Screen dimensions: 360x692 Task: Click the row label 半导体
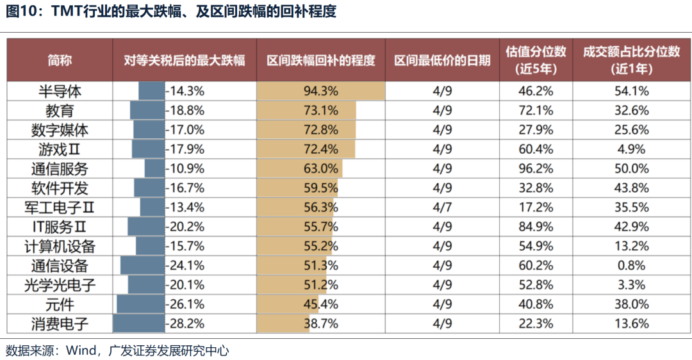point(60,91)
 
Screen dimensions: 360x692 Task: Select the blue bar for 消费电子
point(138,323)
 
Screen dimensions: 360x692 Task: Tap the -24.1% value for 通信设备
point(185,266)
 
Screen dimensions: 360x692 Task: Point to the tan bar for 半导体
point(320,91)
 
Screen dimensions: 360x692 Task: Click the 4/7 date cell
point(442,208)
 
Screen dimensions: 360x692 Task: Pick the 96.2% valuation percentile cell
point(535,169)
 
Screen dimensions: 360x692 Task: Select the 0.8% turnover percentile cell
point(631,266)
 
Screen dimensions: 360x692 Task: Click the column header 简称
point(60,60)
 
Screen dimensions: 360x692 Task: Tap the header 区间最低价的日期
point(442,60)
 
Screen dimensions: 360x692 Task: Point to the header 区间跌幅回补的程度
point(320,60)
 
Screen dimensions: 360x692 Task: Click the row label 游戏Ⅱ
point(60,149)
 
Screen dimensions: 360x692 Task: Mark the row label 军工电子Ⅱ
point(60,208)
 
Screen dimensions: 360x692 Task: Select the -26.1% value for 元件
point(185,304)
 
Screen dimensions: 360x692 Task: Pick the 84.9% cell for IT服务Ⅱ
point(535,227)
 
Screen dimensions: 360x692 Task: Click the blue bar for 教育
point(147,111)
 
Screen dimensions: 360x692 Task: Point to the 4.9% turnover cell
point(631,149)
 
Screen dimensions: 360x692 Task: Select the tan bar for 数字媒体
point(306,130)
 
